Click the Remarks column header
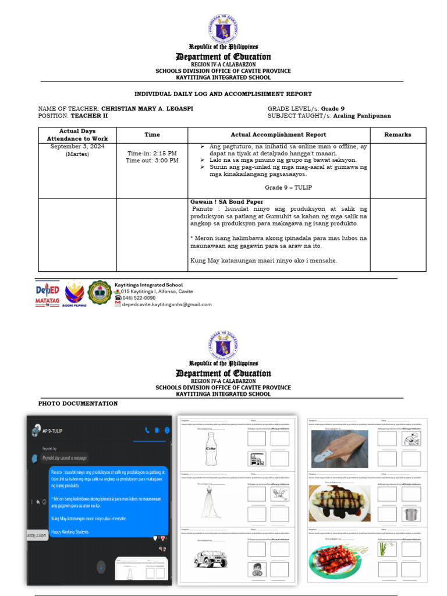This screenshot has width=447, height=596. (x=398, y=134)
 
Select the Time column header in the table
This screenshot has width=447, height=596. (x=152, y=134)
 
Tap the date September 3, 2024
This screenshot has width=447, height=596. (x=77, y=147)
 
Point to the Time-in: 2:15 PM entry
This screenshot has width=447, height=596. (x=152, y=154)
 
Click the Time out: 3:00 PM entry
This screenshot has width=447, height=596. (x=152, y=161)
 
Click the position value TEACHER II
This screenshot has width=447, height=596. (x=93, y=116)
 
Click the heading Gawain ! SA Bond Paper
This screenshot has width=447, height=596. (x=226, y=202)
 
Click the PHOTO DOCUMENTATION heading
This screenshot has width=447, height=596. (x=78, y=403)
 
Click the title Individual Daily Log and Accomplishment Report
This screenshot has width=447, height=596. (x=223, y=94)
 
